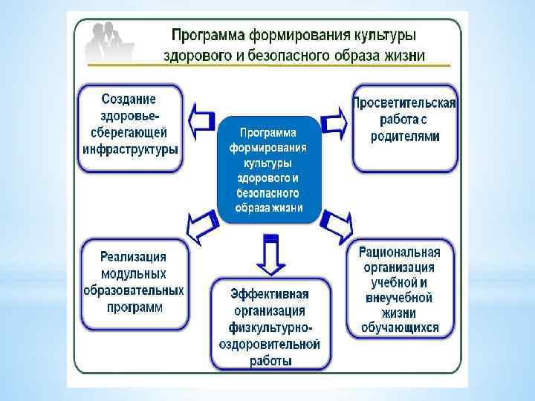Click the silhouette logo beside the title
click(x=110, y=43)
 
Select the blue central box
click(x=269, y=170)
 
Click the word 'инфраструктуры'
click(x=130, y=149)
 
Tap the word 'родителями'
click(x=405, y=136)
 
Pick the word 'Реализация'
click(x=134, y=258)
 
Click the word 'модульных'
click(x=134, y=274)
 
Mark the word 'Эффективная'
click(x=269, y=294)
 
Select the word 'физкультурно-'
click(x=269, y=327)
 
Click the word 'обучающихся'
click(x=400, y=327)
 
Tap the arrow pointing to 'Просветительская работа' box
click(x=334, y=121)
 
